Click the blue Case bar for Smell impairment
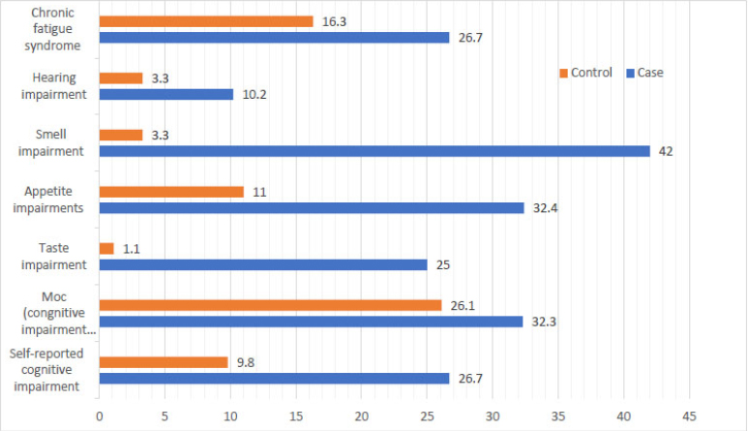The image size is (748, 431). tap(374, 151)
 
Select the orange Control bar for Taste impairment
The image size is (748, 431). tap(106, 248)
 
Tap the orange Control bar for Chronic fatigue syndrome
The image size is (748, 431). tap(205, 21)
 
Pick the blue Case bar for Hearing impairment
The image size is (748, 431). tap(165, 95)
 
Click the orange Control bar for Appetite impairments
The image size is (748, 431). tap(170, 192)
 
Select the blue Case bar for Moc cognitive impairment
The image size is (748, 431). tap(311, 321)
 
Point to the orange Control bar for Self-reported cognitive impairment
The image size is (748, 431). tap(163, 361)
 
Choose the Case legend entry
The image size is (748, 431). tap(644, 73)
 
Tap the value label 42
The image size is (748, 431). tap(665, 151)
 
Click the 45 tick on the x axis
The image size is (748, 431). tap(688, 415)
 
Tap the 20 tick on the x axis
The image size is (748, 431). tap(361, 415)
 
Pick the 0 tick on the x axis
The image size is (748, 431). tap(99, 415)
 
